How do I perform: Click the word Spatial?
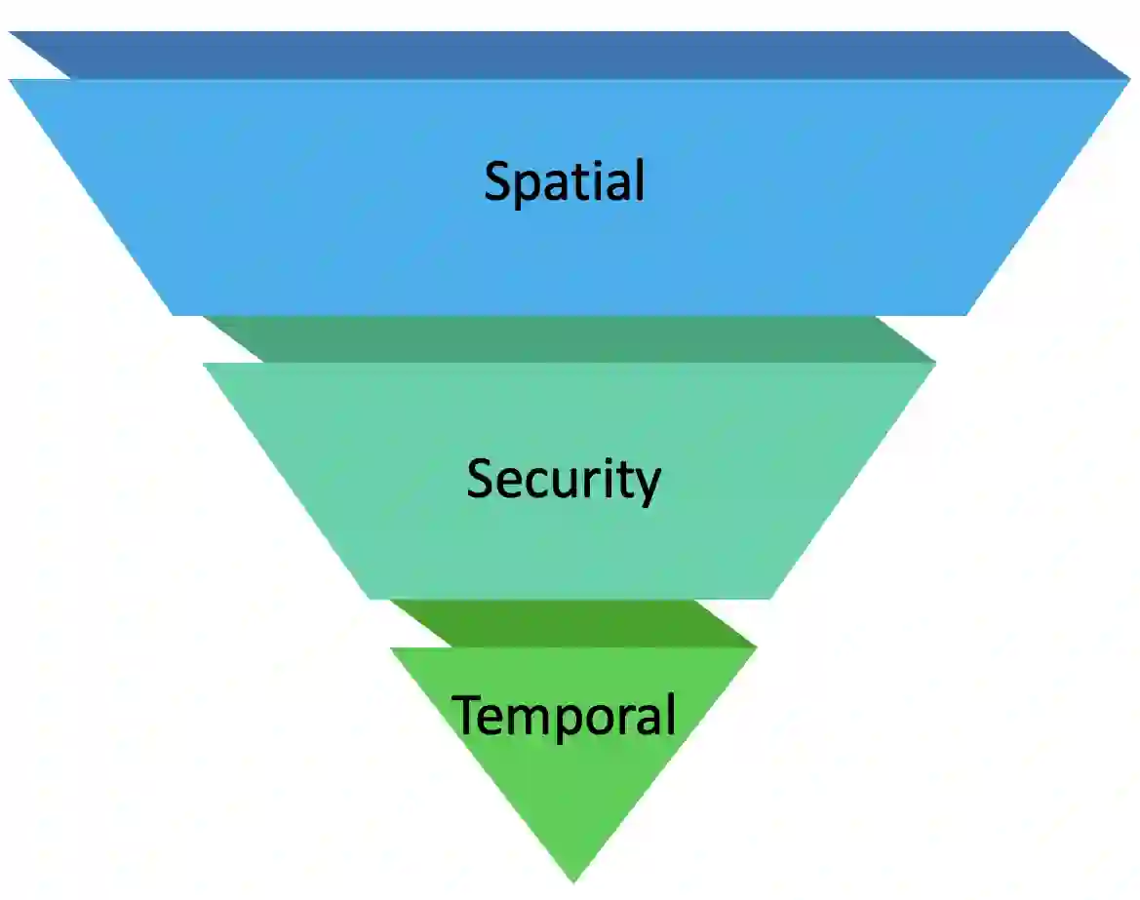click(565, 181)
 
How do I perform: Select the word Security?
click(564, 480)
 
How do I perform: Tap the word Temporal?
click(565, 715)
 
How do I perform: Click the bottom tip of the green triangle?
click(573, 880)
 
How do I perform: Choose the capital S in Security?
click(480, 479)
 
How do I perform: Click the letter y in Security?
click(648, 485)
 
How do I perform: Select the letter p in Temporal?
click(573, 722)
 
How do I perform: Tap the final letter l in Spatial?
click(640, 179)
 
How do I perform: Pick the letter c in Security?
click(535, 483)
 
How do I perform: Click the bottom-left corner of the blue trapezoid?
click(173, 314)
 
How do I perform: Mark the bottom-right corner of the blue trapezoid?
click(965, 314)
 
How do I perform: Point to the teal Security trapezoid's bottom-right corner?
click(770, 598)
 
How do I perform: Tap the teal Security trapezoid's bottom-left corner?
click(371, 598)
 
